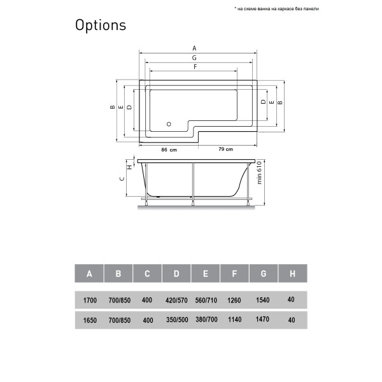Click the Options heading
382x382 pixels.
coord(101,25)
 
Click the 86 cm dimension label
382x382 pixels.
coord(168,149)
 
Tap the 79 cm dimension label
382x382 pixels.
coord(226,149)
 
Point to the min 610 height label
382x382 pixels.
coord(260,172)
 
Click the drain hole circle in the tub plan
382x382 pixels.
coord(169,124)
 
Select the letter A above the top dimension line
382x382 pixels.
coord(194,48)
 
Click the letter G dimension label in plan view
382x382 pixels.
coord(194,57)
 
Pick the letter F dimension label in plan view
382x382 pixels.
coord(194,66)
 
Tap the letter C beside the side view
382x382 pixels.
coord(122,180)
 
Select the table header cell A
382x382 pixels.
coord(89,274)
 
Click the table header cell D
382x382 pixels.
coord(176,274)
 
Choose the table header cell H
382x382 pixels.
coord(292,274)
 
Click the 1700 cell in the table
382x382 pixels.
coord(89,300)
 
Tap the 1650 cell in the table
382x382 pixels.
coord(89,320)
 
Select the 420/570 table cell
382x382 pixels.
coord(176,300)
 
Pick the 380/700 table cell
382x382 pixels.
coord(205,320)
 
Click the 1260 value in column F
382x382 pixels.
coord(234,300)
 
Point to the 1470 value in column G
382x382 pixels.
coord(263,320)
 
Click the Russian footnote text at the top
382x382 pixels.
coord(276,9)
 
